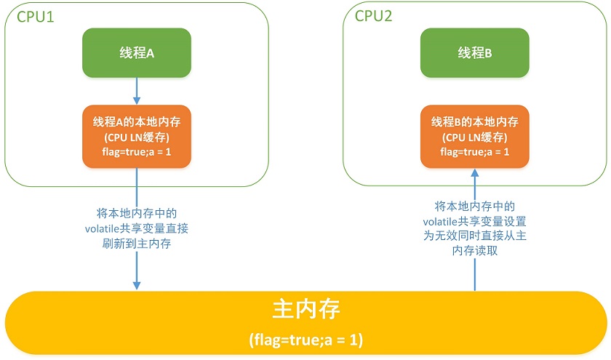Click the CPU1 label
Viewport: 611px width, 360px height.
(x=36, y=17)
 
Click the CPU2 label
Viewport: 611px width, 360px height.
(x=373, y=16)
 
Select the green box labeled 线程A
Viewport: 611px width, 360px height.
(x=137, y=52)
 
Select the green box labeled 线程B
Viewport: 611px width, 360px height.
(x=474, y=52)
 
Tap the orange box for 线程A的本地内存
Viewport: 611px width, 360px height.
(x=137, y=137)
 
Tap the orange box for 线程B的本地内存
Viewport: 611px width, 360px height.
(x=474, y=137)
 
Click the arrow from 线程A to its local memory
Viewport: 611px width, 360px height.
(x=137, y=91)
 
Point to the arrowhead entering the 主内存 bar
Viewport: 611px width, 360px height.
(x=137, y=285)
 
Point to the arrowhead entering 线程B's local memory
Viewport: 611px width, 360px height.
(x=474, y=173)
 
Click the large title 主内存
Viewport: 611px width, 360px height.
(x=306, y=309)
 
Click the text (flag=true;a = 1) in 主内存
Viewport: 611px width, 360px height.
(x=306, y=340)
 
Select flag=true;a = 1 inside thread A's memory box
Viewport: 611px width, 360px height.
(x=137, y=152)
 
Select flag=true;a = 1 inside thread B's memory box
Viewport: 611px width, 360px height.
(x=474, y=152)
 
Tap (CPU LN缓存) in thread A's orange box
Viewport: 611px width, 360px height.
(x=137, y=137)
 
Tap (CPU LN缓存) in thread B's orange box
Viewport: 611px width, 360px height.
(x=474, y=137)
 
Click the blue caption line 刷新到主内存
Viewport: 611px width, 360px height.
(x=137, y=244)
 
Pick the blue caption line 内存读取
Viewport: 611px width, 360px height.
(x=474, y=250)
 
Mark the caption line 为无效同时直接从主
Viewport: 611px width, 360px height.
(x=474, y=236)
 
